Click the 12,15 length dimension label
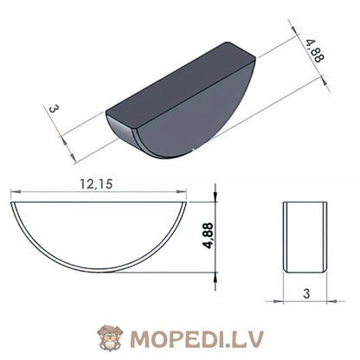tap(96, 184)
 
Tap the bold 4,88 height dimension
tap(208, 235)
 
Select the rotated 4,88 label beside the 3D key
tap(315, 51)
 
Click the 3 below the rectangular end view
tap(306, 293)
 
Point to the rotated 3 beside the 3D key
tap(54, 109)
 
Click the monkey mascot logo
tap(110, 337)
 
